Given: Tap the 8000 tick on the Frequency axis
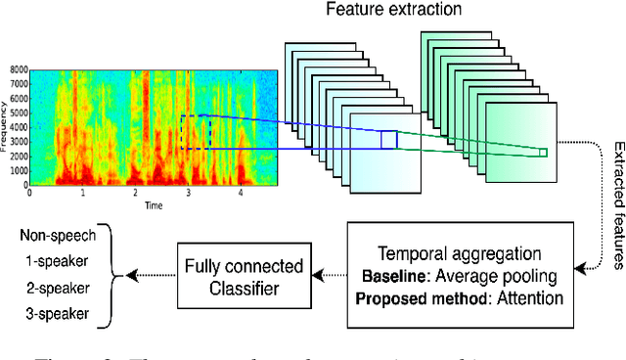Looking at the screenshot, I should [x=18, y=70].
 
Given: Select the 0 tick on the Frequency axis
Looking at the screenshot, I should [x=23, y=184].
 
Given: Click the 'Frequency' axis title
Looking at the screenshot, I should [x=5, y=127].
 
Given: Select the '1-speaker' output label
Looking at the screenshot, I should [x=61, y=262].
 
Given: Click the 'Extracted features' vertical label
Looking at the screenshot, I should [x=617, y=202].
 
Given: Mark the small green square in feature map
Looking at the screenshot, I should [x=543, y=152].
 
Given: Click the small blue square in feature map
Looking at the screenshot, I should [x=389, y=140].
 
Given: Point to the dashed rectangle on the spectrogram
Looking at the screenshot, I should [x=196, y=132].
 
